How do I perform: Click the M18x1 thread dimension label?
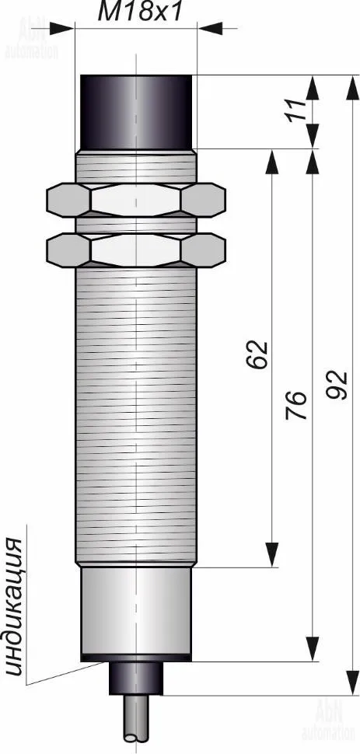pos(140,12)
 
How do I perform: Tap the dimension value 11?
pos(298,111)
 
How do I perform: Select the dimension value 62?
pos(257,355)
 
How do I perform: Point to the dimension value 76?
pos(295,404)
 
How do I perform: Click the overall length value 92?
pos(336,385)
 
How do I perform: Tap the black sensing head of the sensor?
pos(136,112)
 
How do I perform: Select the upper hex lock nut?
pos(136,200)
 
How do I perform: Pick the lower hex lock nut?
pos(136,250)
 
